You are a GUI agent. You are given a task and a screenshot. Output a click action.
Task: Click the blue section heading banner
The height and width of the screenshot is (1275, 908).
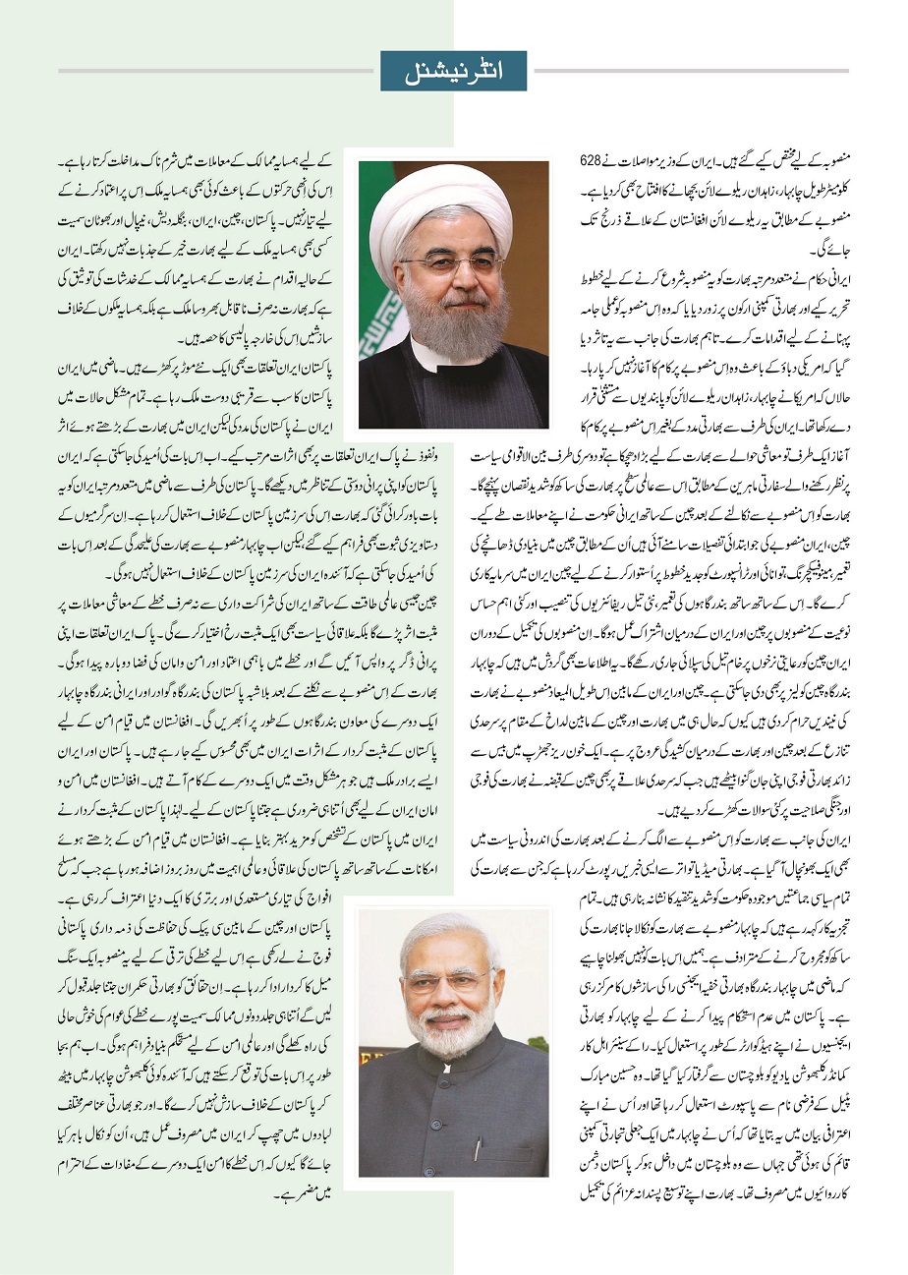[x=453, y=71]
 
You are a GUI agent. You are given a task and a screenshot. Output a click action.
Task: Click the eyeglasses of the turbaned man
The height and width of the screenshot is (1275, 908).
[x=453, y=264]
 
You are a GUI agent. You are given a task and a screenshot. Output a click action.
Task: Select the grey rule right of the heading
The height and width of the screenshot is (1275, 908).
[x=688, y=71]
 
